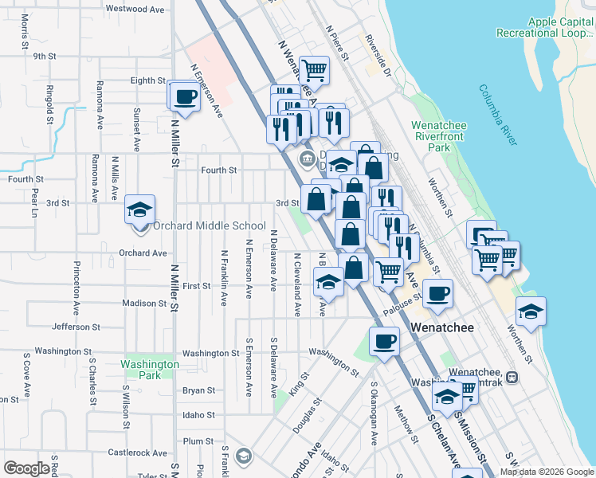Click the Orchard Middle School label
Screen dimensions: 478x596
click(210, 225)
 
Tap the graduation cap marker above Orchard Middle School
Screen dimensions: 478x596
click(140, 210)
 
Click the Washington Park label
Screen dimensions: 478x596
click(149, 370)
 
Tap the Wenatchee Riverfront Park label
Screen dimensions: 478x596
click(441, 136)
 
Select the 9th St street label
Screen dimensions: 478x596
click(44, 57)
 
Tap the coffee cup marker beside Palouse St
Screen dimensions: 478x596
click(437, 294)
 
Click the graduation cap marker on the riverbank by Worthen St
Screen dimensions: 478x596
click(531, 311)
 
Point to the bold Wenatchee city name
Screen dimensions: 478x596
click(442, 327)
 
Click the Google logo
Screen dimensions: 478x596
click(26, 468)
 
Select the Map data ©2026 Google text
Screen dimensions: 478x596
click(546, 472)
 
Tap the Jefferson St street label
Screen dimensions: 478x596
click(77, 327)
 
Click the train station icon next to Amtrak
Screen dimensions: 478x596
click(512, 378)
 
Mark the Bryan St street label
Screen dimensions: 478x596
click(198, 390)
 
